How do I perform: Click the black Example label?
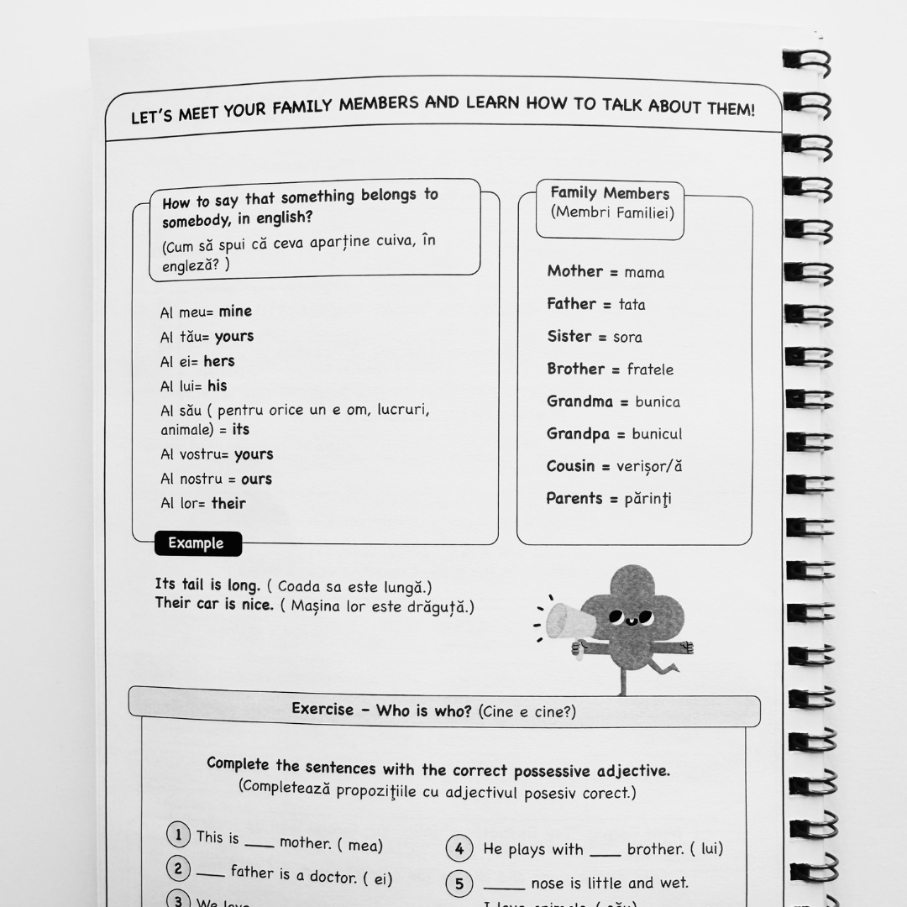tap(197, 543)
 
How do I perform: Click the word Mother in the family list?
tap(575, 271)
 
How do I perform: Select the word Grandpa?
tap(578, 433)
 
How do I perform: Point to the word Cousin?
tap(570, 466)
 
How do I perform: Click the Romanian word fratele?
tap(650, 370)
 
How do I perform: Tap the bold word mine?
tap(235, 312)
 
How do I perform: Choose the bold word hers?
tap(219, 361)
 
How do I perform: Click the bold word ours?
tap(256, 480)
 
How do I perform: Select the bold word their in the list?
tap(228, 504)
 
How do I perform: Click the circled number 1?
tap(178, 836)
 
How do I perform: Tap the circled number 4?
tap(459, 849)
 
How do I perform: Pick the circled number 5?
tap(459, 883)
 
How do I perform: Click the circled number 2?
tap(178, 868)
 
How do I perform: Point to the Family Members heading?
tap(610, 194)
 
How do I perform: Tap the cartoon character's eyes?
tap(631, 618)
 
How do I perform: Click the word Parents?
tap(575, 498)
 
